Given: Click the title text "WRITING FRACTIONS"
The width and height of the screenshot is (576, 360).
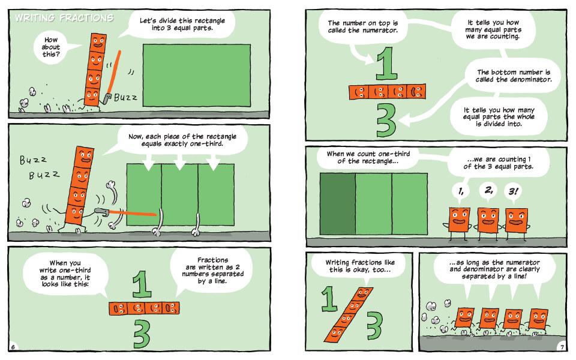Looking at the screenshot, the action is tap(64, 17).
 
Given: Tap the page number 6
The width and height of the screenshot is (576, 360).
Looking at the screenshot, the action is tap(13, 347).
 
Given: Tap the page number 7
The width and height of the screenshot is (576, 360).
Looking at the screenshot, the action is tap(562, 347).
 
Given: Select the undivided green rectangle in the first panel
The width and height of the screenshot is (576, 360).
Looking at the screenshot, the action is tap(197, 76).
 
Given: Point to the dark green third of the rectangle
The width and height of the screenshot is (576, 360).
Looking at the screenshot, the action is tap(338, 204).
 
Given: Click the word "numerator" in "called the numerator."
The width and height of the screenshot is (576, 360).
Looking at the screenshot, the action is tap(380, 31).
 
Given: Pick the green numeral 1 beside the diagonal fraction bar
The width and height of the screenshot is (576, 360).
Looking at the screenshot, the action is tap(329, 298).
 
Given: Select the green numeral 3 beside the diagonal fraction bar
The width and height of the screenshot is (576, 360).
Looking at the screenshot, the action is tap(374, 325).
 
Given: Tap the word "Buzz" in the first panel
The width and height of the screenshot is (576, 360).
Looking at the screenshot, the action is tap(125, 97).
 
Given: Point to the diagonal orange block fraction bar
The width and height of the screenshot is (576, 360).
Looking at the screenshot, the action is tap(348, 314).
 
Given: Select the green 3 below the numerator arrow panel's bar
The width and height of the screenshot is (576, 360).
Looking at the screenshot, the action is tap(386, 120).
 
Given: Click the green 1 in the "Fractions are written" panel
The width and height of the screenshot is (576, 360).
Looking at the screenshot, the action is tap(142, 284).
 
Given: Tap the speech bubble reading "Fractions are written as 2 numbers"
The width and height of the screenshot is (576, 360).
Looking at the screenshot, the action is tap(212, 271).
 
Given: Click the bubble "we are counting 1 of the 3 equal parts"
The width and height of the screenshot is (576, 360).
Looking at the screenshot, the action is tap(498, 163).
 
